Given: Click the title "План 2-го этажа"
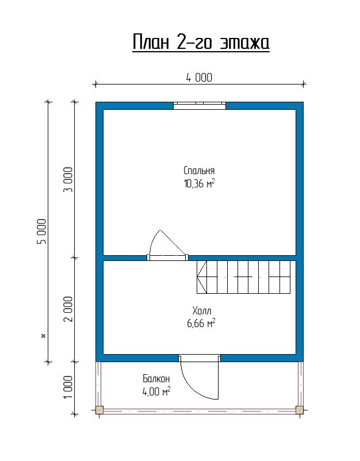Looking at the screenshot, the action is (x=201, y=43).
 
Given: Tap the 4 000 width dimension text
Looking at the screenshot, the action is (x=199, y=78).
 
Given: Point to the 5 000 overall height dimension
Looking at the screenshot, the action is (x=43, y=231).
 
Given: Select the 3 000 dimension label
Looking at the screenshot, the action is (x=68, y=179).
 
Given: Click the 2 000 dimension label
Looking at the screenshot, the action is (x=68, y=309).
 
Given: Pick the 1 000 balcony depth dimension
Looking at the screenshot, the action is (x=68, y=387).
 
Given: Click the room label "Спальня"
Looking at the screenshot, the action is (x=199, y=171).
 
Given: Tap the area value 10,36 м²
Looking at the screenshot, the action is (x=199, y=184).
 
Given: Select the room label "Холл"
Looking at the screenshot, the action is (x=201, y=310).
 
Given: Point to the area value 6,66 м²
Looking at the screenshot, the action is (x=201, y=323).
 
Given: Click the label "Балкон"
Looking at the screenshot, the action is (x=156, y=379).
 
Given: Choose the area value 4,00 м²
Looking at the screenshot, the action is (x=156, y=391).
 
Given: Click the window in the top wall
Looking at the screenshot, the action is (x=200, y=106).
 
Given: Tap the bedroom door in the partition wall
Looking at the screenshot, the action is (x=168, y=258).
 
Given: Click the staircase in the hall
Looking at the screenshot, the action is (x=243, y=277).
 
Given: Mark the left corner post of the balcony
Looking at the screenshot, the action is (x=99, y=410).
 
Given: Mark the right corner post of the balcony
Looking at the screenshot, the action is (x=300, y=410).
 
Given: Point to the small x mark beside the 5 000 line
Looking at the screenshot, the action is (x=44, y=336).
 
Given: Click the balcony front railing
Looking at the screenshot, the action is (x=200, y=411).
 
